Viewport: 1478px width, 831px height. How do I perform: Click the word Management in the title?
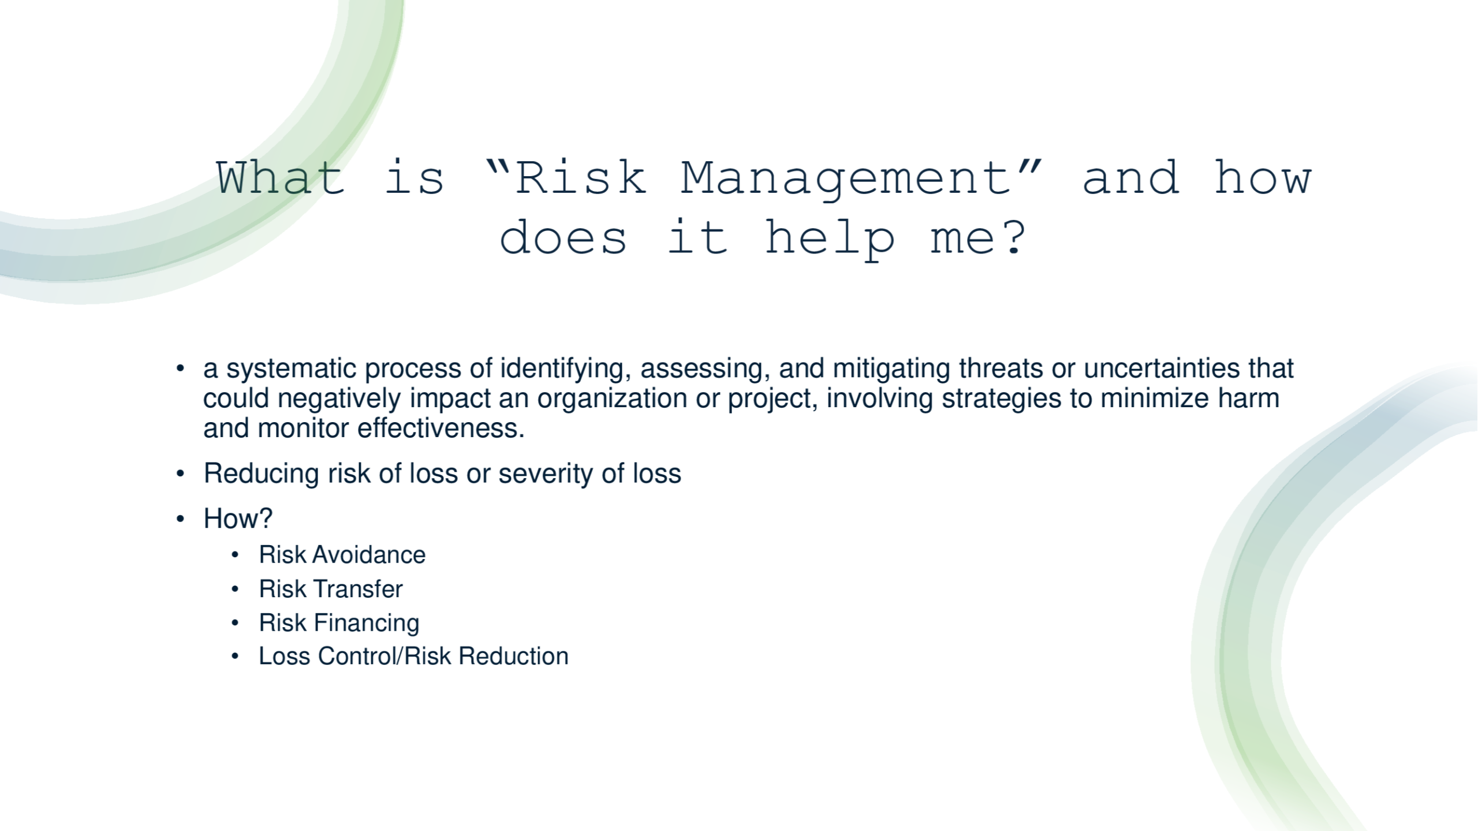pyautogui.click(x=846, y=180)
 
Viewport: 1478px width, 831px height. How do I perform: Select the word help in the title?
pyautogui.click(x=830, y=239)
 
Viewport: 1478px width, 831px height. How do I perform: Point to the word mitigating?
pyautogui.click(x=891, y=369)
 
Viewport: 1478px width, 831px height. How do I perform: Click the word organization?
pyautogui.click(x=612, y=399)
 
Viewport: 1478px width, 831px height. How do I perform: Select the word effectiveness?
pyautogui.click(x=441, y=428)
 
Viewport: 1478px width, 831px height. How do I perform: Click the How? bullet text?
pyautogui.click(x=238, y=519)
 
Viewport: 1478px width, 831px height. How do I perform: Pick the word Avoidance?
pyautogui.click(x=369, y=555)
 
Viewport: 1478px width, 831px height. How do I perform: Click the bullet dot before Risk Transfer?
pyautogui.click(x=235, y=590)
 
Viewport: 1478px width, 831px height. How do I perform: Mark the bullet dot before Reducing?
pyautogui.click(x=181, y=474)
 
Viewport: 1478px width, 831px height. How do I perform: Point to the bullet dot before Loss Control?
pyautogui.click(x=235, y=657)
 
